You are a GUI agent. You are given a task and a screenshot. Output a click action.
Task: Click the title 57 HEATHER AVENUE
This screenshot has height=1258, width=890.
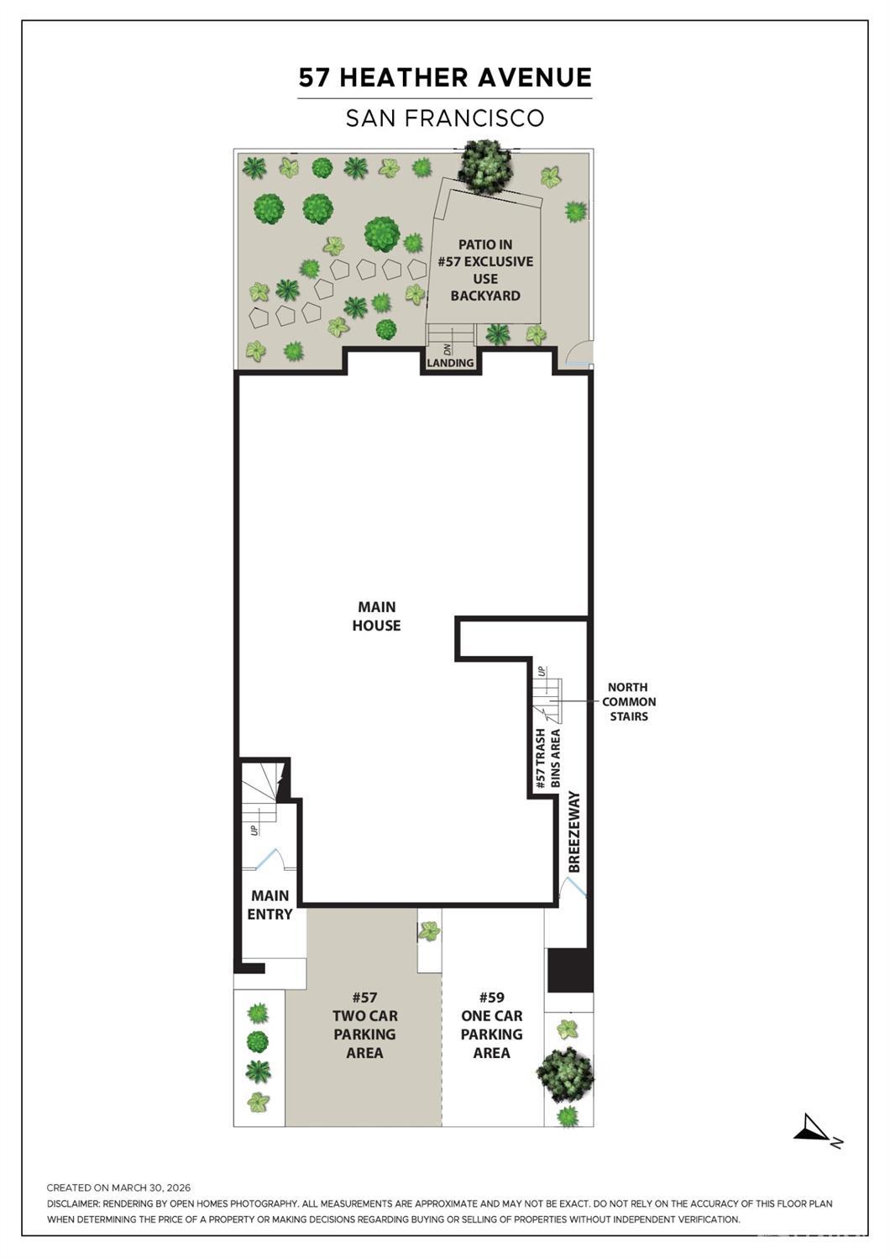pos(445,77)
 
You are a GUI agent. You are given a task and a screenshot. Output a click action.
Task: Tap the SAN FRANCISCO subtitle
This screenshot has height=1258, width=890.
pos(445,118)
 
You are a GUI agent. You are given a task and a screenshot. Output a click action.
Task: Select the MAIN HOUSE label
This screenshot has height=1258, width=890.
pos(376,616)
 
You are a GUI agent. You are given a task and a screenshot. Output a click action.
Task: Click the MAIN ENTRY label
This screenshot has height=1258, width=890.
pos(270,904)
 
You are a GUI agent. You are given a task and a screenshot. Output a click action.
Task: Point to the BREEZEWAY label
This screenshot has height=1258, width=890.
pos(573,831)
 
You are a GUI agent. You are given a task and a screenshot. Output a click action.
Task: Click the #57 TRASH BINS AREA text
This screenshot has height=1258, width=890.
pos(547,758)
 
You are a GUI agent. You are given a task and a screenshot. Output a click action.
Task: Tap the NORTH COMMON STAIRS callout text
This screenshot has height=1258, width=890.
pos(629,701)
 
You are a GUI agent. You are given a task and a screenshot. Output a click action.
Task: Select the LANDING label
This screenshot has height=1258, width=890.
pos(450,363)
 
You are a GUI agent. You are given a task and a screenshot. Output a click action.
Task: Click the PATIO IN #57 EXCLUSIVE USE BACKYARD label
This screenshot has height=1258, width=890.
pos(485,270)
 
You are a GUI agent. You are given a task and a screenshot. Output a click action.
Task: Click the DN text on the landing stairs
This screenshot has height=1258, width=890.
pos(448,349)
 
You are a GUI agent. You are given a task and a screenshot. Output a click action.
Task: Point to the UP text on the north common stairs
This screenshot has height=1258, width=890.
pos(542,670)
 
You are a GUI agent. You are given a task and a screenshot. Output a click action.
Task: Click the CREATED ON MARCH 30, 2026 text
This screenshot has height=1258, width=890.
pos(118,1187)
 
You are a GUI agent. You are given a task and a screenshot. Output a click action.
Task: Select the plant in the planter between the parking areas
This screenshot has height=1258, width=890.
pos(430,931)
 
